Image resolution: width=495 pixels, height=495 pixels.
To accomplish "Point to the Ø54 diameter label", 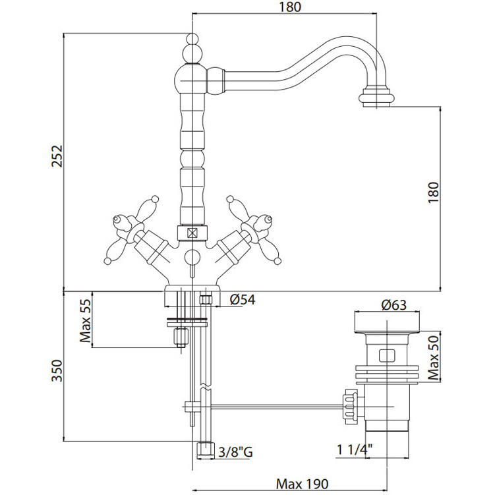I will [243, 301].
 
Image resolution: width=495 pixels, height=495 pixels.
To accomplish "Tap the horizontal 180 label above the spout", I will [287, 7].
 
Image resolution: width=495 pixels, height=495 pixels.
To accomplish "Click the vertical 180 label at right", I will [433, 192].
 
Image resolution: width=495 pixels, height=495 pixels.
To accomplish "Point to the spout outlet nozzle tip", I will [378, 98].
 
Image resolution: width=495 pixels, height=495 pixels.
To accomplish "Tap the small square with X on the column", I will [192, 233].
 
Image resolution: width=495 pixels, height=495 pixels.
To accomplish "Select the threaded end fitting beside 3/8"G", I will [206, 450].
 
